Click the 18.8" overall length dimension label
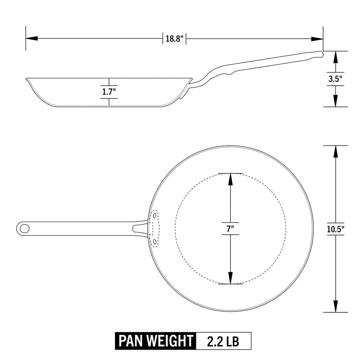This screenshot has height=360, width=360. pyautogui.click(x=174, y=39)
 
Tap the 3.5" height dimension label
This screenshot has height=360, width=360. pyautogui.click(x=335, y=79)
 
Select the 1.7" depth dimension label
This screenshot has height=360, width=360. pyautogui.click(x=109, y=92)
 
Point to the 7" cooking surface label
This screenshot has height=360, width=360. pyautogui.click(x=230, y=229)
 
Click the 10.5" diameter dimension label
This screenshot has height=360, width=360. pyautogui.click(x=335, y=229)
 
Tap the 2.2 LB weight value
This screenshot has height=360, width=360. pyautogui.click(x=223, y=341)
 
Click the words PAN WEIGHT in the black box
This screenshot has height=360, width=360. pyautogui.click(x=156, y=341)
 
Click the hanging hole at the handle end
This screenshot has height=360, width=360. pyautogui.click(x=25, y=228)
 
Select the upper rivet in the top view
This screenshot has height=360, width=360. pyautogui.click(x=155, y=215)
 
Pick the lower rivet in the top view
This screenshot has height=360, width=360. pyautogui.click(x=155, y=242)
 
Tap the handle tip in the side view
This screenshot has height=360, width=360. pyautogui.click(x=320, y=54)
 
